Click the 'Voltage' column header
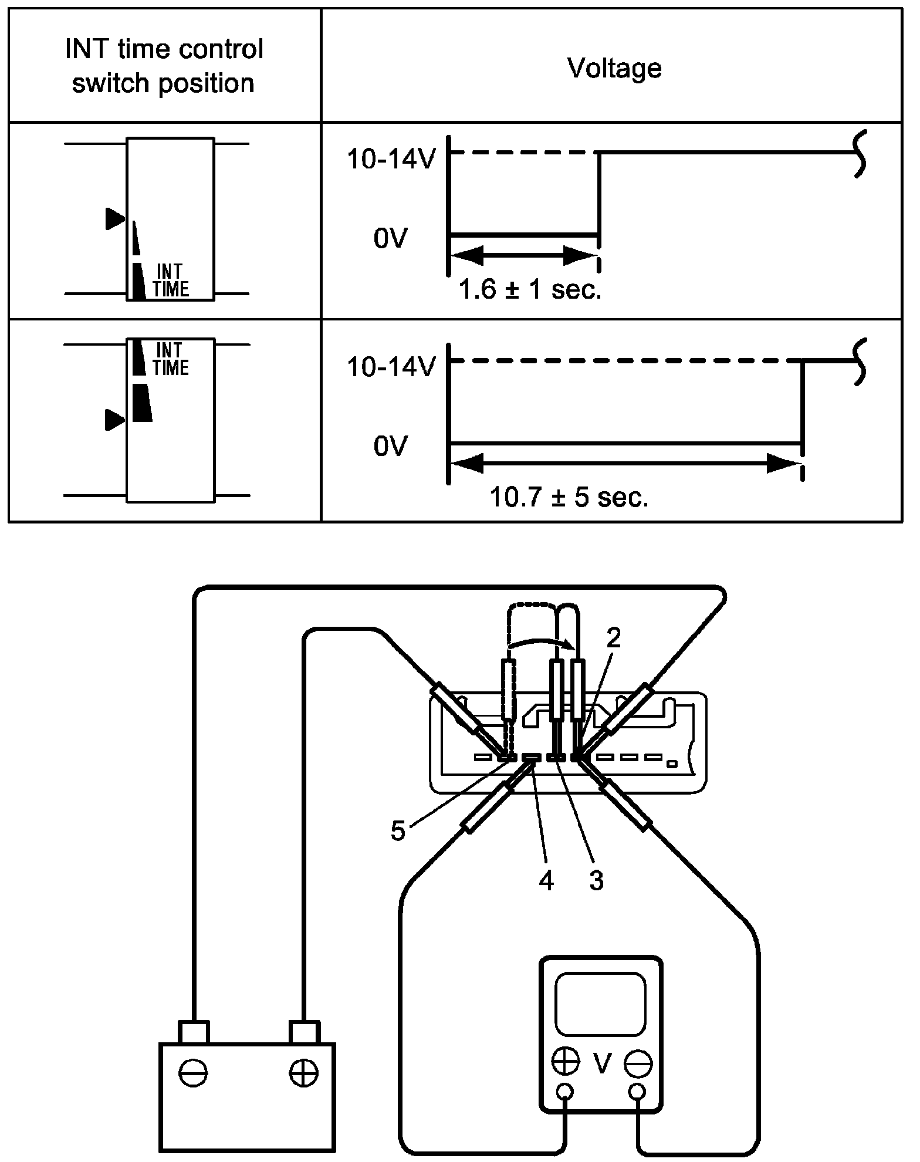click(x=614, y=68)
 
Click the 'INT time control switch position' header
click(x=164, y=66)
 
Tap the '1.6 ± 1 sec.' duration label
click(x=530, y=290)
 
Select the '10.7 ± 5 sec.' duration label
click(x=569, y=498)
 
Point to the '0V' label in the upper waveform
click(x=390, y=239)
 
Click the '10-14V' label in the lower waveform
click(x=391, y=367)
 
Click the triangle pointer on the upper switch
click(x=116, y=218)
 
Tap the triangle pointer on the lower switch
click(x=115, y=420)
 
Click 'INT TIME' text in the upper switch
click(x=171, y=281)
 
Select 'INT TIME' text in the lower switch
click(x=171, y=359)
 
